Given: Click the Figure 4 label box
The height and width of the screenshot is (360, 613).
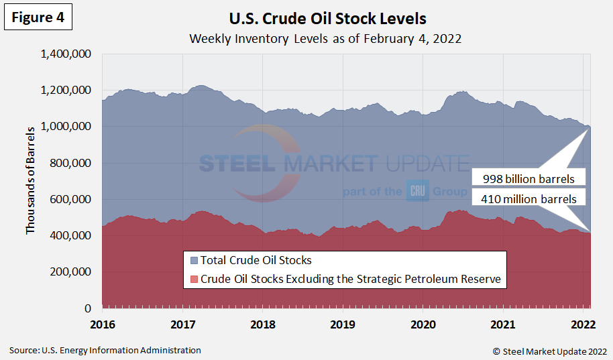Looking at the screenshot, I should point(38,18).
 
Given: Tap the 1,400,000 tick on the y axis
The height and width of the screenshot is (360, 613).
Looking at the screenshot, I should point(66,54).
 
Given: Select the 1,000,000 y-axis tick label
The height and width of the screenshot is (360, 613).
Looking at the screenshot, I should point(66,127).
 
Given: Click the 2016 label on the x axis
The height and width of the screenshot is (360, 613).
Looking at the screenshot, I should point(103,324).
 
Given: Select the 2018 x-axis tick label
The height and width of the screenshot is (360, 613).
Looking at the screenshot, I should point(263,324).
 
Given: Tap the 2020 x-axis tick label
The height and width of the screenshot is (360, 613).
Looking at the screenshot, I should point(423,324).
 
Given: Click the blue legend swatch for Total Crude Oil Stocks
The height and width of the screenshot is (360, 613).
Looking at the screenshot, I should point(194,260).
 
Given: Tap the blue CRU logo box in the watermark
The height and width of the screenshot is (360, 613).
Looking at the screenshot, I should point(416,192).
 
